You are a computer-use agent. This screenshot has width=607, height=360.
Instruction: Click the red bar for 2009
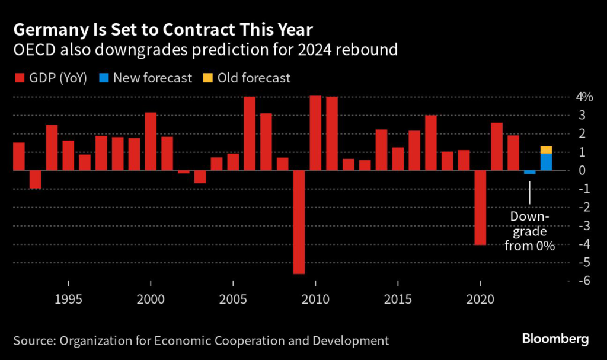tap(299, 222)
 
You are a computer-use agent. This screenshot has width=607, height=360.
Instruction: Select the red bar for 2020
tap(480, 208)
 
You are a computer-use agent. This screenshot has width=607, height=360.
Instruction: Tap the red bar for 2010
tap(315, 133)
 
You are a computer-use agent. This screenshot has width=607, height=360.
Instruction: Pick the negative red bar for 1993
tap(36, 180)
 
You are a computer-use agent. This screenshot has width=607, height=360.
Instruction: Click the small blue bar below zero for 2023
tap(529, 173)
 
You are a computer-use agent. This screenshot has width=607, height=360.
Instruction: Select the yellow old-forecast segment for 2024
tap(546, 149)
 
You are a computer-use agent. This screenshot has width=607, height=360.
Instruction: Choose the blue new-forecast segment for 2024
tap(546, 162)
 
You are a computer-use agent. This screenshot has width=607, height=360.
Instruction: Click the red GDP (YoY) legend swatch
tap(18, 78)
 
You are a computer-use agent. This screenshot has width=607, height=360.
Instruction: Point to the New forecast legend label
tap(153, 78)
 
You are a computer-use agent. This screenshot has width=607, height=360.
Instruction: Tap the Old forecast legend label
tap(254, 78)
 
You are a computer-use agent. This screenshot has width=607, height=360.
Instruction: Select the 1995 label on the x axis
tap(68, 300)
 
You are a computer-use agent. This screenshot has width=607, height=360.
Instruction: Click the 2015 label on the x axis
tap(397, 300)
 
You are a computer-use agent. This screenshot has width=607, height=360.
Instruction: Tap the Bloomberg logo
tap(555, 340)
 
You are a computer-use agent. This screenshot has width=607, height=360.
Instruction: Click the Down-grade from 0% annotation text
tap(529, 231)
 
